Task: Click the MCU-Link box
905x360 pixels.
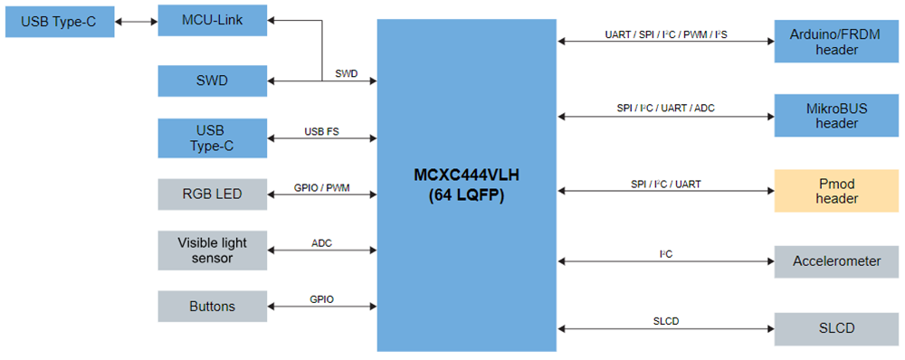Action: [x=213, y=20]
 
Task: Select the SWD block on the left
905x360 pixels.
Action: [x=213, y=81]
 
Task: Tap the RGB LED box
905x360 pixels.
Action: [x=213, y=193]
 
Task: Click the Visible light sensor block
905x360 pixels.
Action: [x=213, y=250]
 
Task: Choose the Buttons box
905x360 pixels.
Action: [x=213, y=307]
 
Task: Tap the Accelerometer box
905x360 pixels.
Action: [x=836, y=261]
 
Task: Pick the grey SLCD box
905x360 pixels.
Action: [x=836, y=327]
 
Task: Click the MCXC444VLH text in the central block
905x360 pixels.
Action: [x=466, y=174]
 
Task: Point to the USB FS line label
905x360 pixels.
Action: [x=321, y=131]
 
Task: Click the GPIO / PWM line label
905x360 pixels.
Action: [x=321, y=188]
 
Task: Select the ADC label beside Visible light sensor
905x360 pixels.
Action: [x=321, y=243]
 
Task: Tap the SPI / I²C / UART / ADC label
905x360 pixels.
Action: [x=665, y=109]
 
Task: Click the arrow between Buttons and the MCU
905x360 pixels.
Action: [x=321, y=307]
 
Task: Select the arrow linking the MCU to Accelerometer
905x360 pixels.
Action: [x=665, y=261]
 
